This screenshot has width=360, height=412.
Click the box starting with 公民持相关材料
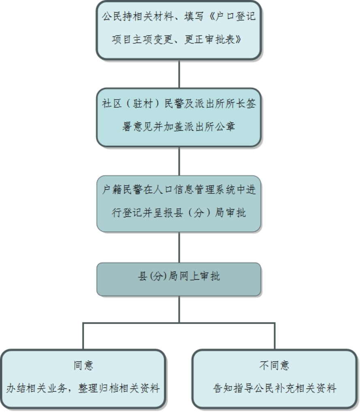179,30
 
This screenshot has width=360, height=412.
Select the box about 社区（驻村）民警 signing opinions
179,117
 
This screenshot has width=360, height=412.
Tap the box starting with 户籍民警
179,203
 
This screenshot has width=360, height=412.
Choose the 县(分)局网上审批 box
179,279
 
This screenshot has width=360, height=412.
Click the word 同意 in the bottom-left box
83,365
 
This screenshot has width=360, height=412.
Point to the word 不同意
275,365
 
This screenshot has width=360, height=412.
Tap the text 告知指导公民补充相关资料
275,389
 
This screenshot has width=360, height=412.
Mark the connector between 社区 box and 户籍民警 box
179,161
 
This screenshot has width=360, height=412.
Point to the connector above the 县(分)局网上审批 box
179,247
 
